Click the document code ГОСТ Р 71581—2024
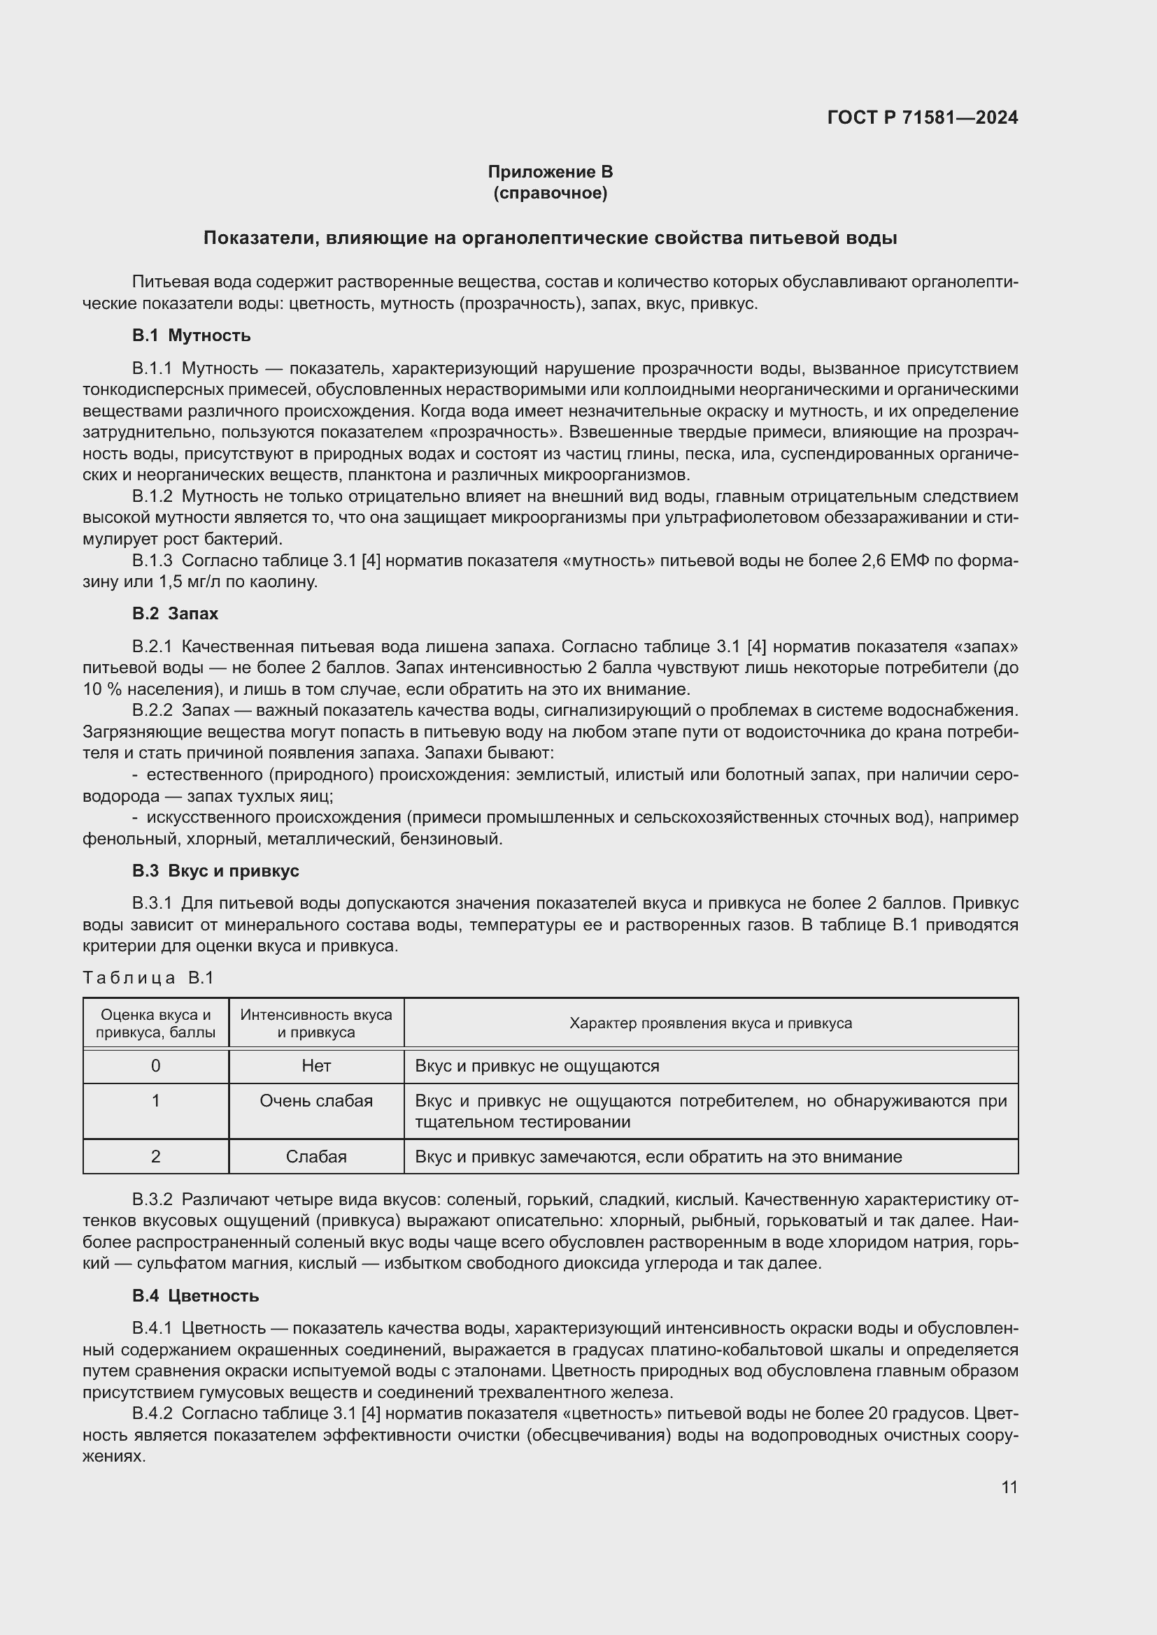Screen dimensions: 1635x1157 922,117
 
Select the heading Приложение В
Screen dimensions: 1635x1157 550,172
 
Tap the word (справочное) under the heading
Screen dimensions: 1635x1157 550,193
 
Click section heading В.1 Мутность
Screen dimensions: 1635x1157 191,336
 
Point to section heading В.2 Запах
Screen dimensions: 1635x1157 175,614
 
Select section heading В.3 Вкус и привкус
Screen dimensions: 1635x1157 215,871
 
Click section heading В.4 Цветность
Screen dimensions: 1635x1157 195,1296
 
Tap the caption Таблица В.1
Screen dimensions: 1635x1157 148,978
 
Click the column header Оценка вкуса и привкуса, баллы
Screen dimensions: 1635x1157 155,1023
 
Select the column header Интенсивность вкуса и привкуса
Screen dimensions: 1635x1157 315,1023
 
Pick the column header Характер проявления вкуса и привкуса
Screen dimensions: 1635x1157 710,1023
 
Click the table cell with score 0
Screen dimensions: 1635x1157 155,1066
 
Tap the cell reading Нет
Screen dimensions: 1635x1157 315,1066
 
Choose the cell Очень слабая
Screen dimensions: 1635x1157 315,1101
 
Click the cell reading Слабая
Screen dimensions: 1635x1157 315,1156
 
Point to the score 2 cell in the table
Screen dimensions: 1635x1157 155,1156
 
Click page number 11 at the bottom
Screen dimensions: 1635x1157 1009,1487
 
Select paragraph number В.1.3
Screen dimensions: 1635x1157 152,561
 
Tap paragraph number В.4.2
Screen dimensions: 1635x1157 152,1413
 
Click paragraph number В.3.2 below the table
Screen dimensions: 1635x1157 152,1200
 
